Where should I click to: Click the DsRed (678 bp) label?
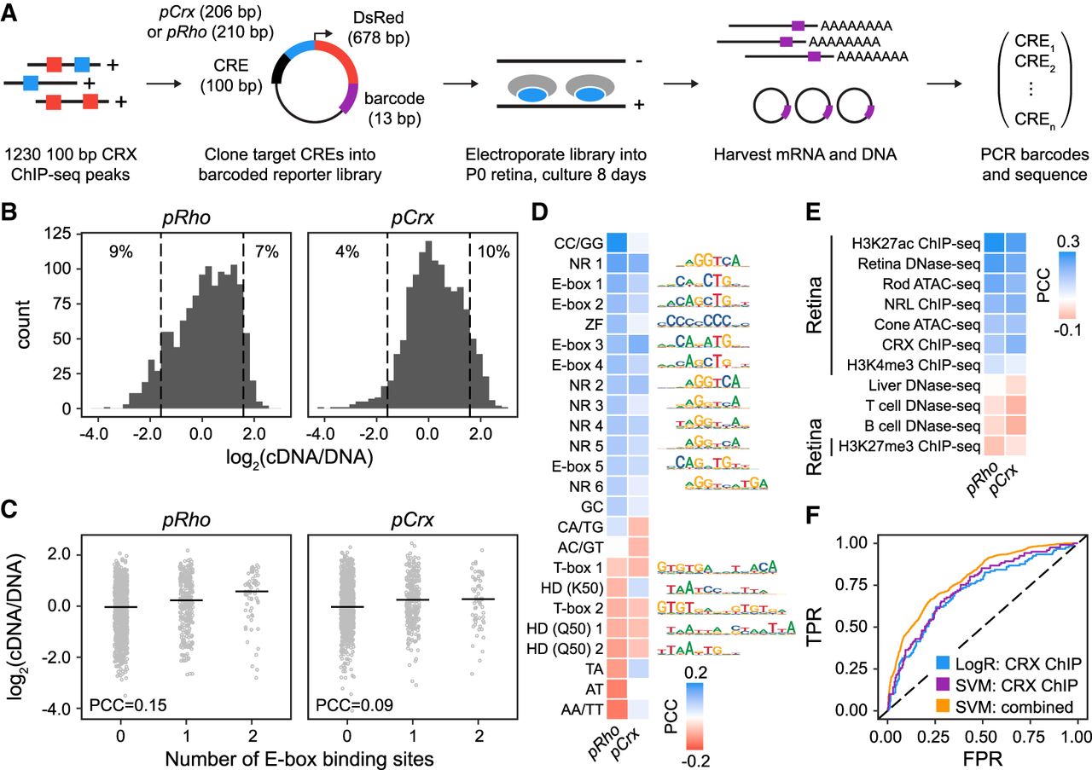coord(378,29)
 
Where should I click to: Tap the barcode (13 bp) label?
coord(398,108)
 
